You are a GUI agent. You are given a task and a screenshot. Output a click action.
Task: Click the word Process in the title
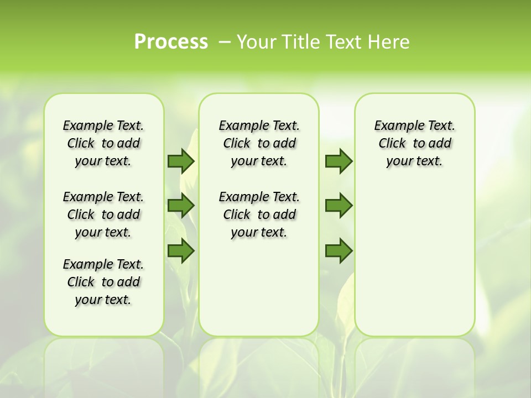(x=171, y=41)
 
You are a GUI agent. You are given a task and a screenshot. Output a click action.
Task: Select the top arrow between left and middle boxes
(x=181, y=161)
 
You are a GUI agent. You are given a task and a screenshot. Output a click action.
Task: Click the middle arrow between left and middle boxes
(x=181, y=206)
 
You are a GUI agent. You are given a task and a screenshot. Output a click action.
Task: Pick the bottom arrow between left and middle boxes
(x=181, y=250)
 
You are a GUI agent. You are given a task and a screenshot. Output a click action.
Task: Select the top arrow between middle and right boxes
(x=339, y=161)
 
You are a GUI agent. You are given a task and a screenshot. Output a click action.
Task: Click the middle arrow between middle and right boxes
(x=339, y=206)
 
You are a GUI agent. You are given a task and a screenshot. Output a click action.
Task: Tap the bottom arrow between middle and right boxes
(x=339, y=250)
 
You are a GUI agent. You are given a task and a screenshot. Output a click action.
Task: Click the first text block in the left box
(x=103, y=143)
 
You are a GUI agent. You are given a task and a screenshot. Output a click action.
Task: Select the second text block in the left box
(x=103, y=214)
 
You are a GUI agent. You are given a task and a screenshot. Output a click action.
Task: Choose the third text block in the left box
(x=103, y=282)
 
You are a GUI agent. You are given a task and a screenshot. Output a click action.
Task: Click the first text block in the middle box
(x=259, y=143)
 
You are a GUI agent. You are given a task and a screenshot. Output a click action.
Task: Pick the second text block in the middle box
(x=259, y=214)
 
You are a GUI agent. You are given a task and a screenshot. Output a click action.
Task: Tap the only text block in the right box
(x=414, y=143)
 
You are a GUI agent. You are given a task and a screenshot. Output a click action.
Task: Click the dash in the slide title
(x=225, y=42)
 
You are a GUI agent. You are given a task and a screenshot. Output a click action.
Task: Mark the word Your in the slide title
(x=256, y=42)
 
